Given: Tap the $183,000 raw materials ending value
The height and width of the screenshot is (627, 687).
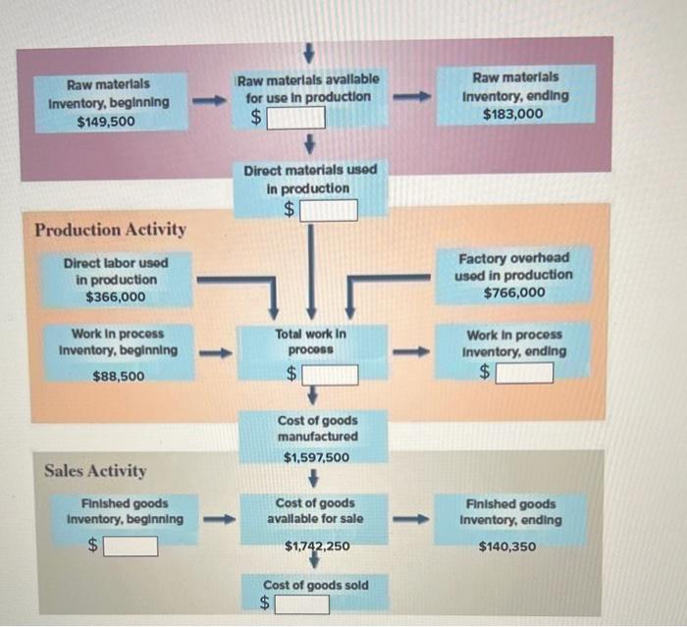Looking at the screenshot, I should click(x=514, y=114).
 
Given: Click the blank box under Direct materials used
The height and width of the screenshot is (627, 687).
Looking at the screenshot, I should click(x=329, y=209).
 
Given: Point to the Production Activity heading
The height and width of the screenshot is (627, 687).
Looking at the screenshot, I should click(x=110, y=230).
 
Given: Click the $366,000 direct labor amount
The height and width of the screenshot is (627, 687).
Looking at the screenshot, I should click(x=115, y=296).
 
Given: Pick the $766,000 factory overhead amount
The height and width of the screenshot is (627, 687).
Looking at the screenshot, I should click(x=514, y=292).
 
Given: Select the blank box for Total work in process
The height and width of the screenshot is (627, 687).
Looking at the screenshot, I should click(x=330, y=374).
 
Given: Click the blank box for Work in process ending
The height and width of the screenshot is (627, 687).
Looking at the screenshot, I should click(x=524, y=373).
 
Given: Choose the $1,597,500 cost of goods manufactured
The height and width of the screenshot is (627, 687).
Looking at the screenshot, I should click(x=316, y=458).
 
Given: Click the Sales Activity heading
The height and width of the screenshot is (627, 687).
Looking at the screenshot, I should click(x=95, y=471).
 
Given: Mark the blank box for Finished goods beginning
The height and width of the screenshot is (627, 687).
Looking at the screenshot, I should click(x=131, y=546).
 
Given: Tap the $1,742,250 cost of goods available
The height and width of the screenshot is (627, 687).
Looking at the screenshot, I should click(x=316, y=546).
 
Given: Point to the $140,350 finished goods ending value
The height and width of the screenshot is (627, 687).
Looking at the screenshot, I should click(x=508, y=546).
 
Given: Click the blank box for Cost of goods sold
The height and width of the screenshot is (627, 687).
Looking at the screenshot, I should click(x=301, y=604).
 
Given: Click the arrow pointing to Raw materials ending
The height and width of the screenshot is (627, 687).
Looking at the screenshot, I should click(x=412, y=97).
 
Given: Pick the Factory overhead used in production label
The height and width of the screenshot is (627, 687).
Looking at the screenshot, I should click(x=514, y=266).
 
